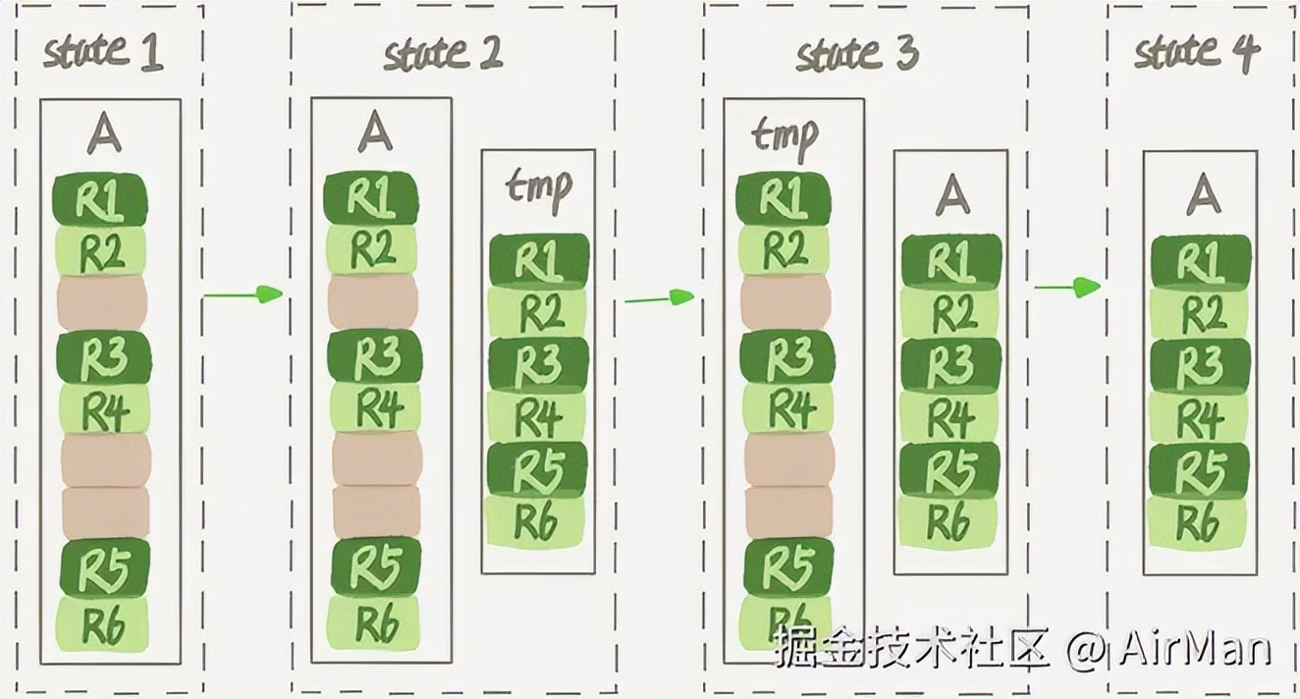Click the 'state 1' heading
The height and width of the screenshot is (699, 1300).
point(103,51)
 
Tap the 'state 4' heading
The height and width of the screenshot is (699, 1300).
point(1195,52)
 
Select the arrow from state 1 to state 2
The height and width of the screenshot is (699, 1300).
point(242,294)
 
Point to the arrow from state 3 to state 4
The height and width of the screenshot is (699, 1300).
point(1067,287)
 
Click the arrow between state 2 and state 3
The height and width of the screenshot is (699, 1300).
point(659,296)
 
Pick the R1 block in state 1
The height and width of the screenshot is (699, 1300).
point(99,200)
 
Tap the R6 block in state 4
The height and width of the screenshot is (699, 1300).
point(1200,521)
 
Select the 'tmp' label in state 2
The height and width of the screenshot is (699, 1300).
point(538,187)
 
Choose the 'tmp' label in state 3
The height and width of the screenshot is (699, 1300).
point(784,136)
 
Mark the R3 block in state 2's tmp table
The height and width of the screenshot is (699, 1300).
point(537,363)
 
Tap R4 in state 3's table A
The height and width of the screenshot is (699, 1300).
point(949,417)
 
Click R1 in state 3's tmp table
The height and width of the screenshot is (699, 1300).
point(783,200)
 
